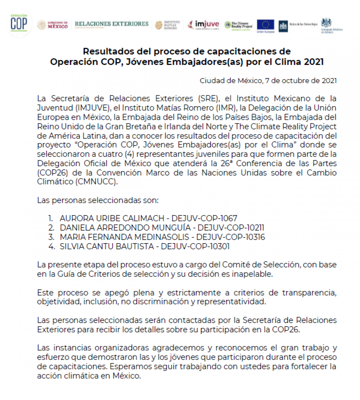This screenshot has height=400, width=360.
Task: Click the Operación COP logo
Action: coord(19,23)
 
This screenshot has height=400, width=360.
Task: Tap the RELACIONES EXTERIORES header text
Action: coord(112,24)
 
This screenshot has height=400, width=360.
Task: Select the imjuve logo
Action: coord(204,24)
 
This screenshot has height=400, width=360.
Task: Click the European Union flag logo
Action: coord(265,25)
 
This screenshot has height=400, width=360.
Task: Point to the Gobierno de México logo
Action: coord(53,25)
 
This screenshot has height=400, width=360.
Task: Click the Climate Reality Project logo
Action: coord(239,25)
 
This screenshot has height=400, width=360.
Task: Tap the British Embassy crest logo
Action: coord(327,23)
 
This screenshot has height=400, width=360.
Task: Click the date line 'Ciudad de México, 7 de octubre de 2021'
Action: coord(268,81)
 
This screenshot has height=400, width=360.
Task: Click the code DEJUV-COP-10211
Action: coord(231,228)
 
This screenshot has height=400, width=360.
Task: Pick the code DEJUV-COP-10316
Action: coord(230,237)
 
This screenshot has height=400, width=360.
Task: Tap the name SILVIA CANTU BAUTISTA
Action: coord(107,246)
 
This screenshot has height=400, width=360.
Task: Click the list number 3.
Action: coord(51,237)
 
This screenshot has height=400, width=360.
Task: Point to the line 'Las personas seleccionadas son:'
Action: coord(98,200)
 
